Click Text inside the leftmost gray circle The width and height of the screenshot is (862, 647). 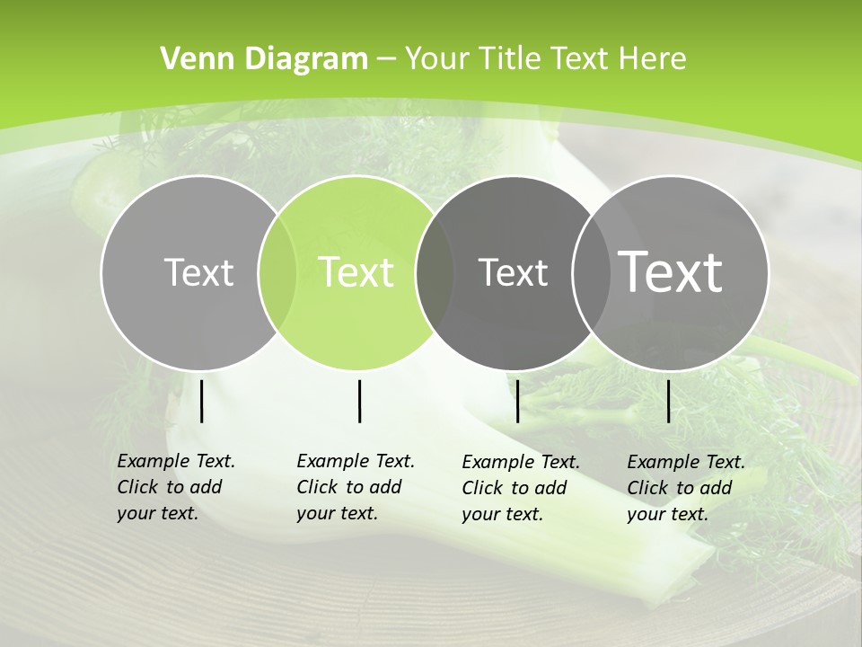[198, 272]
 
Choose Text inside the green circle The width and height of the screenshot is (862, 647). [356, 272]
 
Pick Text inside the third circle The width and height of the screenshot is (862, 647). [513, 272]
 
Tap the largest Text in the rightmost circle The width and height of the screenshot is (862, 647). [671, 271]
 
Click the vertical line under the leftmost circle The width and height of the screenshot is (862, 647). [201, 401]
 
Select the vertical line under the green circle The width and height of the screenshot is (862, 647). [359, 401]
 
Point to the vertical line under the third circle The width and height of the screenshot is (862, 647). [517, 401]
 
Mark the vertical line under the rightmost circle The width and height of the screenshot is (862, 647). [668, 401]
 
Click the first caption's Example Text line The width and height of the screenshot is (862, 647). [176, 462]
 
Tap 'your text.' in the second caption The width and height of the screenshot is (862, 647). [337, 514]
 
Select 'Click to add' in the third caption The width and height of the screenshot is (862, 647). [515, 488]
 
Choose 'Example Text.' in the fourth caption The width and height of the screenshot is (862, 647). [686, 462]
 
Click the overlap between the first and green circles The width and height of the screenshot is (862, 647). [277, 272]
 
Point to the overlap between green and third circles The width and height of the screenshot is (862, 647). [435, 272]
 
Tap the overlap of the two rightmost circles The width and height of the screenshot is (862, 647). [592, 272]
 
